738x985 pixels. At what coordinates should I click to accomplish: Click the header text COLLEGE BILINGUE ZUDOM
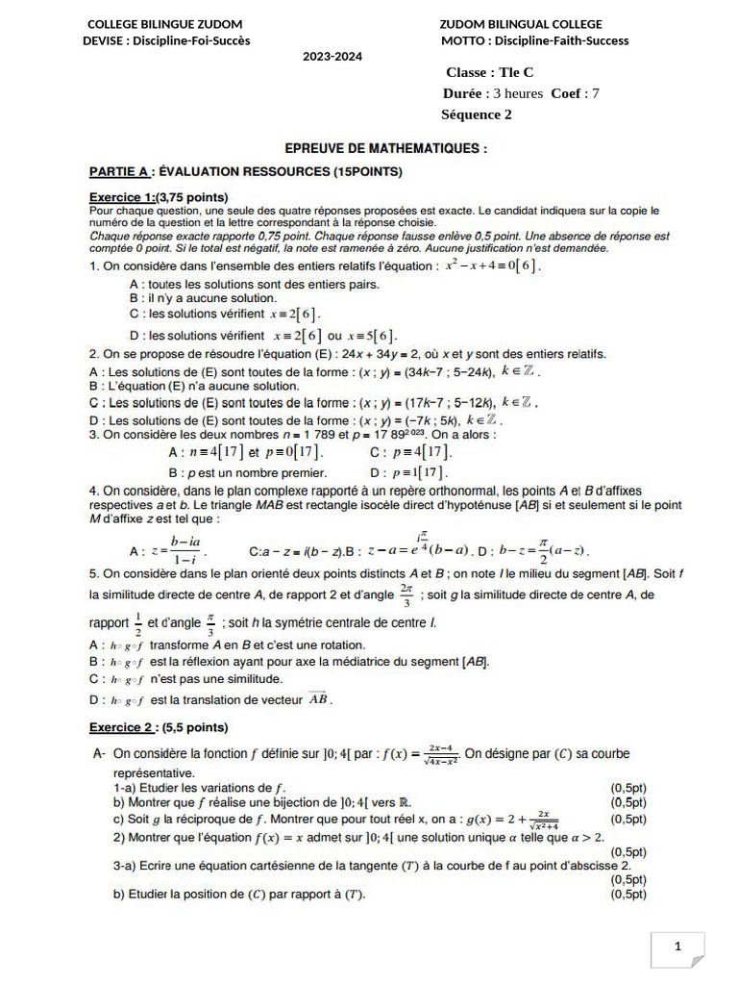[164, 24]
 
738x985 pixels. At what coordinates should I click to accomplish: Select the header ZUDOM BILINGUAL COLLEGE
[521, 24]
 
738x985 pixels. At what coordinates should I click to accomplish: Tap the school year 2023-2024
[332, 57]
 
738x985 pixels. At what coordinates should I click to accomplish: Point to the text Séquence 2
[477, 114]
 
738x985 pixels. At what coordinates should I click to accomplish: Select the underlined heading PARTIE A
[120, 172]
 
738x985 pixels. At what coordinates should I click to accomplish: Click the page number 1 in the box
[677, 947]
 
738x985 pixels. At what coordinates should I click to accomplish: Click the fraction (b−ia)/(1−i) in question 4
[179, 550]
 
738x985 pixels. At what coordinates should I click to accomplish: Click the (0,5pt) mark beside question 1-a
[628, 787]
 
